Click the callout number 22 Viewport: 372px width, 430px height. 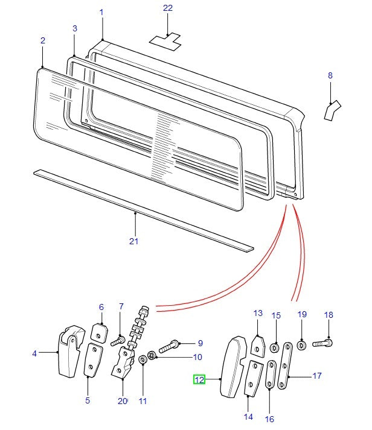point(167,8)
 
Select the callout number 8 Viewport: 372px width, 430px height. point(330,75)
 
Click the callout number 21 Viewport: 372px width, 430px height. point(134,241)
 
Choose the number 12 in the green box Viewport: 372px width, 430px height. point(199,379)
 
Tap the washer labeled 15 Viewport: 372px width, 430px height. point(275,348)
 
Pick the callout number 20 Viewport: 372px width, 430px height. point(123,401)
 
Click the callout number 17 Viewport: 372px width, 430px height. point(316,376)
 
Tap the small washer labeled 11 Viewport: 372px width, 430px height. point(143,360)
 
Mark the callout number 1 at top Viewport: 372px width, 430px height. point(101,13)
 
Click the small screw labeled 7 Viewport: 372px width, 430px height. point(118,342)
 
